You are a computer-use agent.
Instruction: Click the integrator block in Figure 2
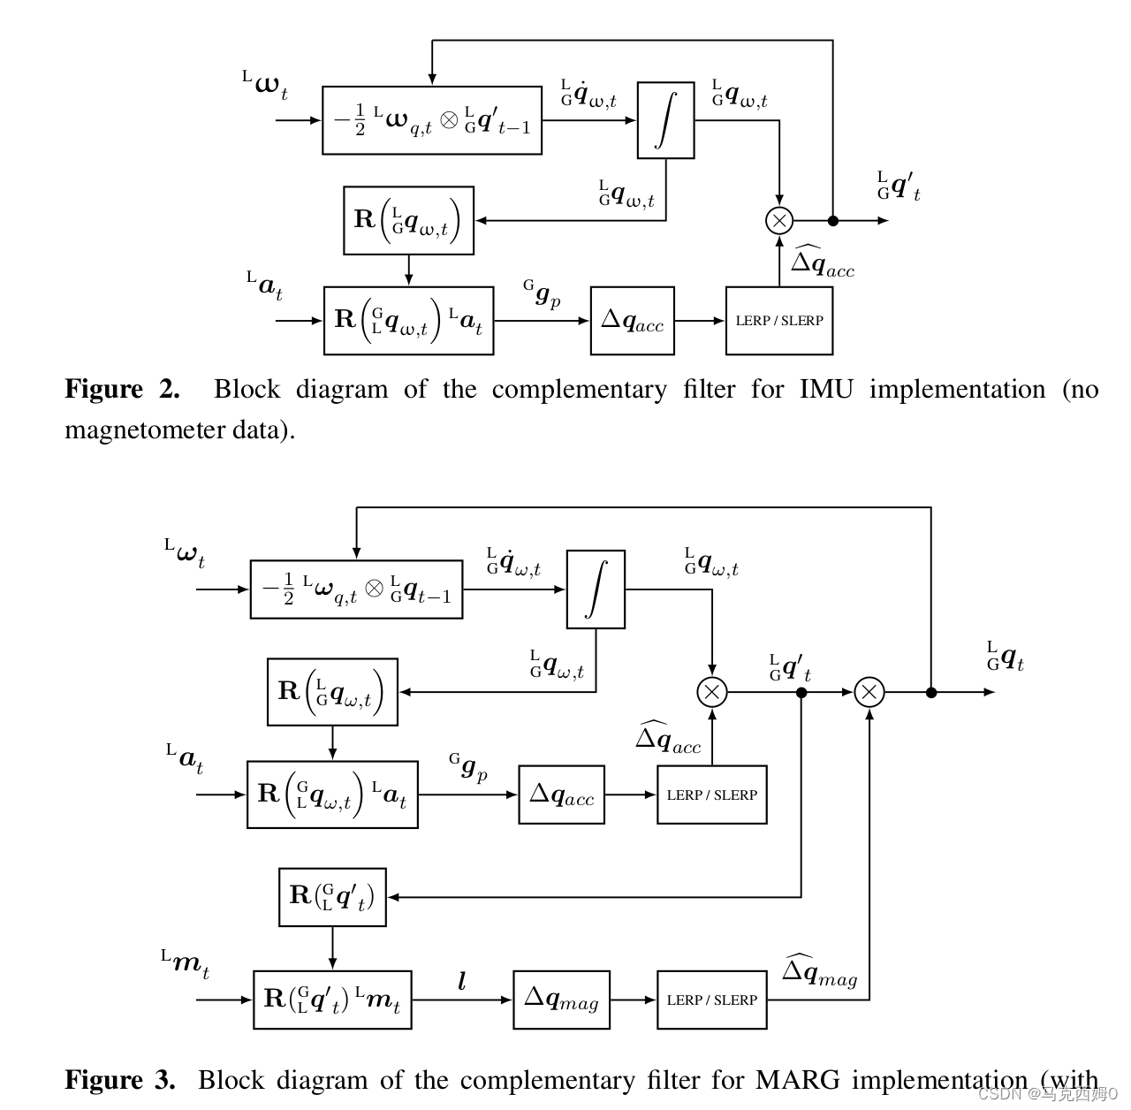click(665, 120)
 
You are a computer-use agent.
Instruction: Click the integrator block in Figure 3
click(596, 589)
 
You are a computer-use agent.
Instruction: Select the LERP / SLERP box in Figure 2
click(778, 321)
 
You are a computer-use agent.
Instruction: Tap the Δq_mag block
click(561, 1000)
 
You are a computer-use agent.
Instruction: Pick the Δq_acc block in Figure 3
click(561, 794)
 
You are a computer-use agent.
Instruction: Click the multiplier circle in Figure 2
click(779, 220)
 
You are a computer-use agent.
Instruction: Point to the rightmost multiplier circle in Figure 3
click(869, 692)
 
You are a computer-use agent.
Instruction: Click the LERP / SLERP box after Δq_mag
click(711, 1000)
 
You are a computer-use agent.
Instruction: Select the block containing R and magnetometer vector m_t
click(332, 1000)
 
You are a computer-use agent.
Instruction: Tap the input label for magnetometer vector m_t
click(186, 963)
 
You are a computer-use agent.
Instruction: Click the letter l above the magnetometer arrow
click(461, 981)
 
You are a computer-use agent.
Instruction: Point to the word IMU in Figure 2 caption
click(825, 390)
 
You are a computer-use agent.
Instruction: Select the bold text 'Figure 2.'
click(122, 390)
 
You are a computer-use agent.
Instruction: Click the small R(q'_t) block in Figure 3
click(332, 897)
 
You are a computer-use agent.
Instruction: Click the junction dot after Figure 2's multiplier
click(832, 220)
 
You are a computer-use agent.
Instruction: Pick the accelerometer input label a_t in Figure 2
click(264, 286)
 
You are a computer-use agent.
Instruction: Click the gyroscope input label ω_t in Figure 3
click(185, 554)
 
